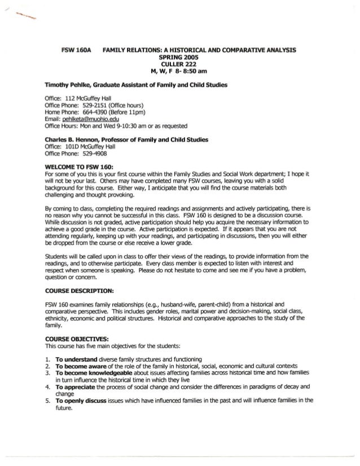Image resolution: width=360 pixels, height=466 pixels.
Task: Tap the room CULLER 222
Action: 180,64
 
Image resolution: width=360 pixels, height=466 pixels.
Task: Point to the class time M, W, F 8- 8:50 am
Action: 179,71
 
